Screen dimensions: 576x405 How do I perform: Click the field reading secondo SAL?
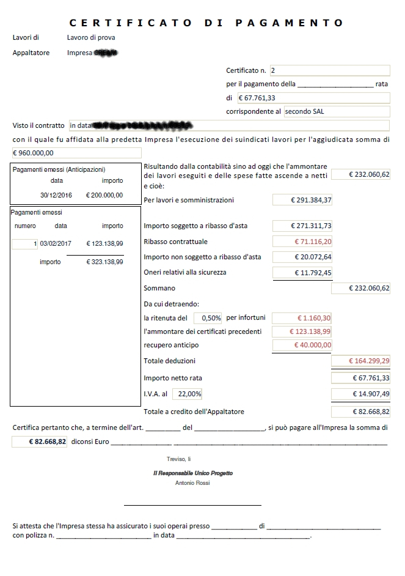click(x=337, y=111)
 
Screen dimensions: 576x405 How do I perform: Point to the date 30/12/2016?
click(x=56, y=195)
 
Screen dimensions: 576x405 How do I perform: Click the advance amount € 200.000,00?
click(x=104, y=195)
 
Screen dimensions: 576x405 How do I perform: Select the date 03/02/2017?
click(x=56, y=243)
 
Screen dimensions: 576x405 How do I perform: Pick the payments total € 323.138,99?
click(x=104, y=262)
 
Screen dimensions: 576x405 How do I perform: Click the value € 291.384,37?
click(x=302, y=200)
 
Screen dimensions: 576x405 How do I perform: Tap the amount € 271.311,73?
click(x=302, y=226)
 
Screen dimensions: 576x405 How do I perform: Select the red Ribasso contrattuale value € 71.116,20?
click(x=302, y=241)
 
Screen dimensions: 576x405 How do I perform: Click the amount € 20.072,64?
click(x=302, y=257)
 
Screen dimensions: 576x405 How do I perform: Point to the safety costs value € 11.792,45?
click(x=302, y=272)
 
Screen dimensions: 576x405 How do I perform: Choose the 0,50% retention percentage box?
click(x=208, y=318)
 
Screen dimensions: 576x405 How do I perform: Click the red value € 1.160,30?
click(x=302, y=318)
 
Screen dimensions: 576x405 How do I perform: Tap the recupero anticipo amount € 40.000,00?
click(x=302, y=345)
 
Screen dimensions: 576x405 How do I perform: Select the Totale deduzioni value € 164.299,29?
click(x=360, y=361)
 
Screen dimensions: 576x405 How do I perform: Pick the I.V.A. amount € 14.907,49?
click(x=360, y=394)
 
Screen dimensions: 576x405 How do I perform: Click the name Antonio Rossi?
click(x=192, y=483)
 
